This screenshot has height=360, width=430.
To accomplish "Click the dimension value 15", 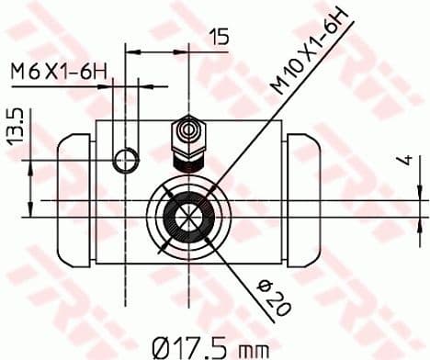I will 219,37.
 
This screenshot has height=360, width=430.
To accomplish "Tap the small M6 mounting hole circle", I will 125,163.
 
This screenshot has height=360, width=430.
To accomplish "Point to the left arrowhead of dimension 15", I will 130,51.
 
